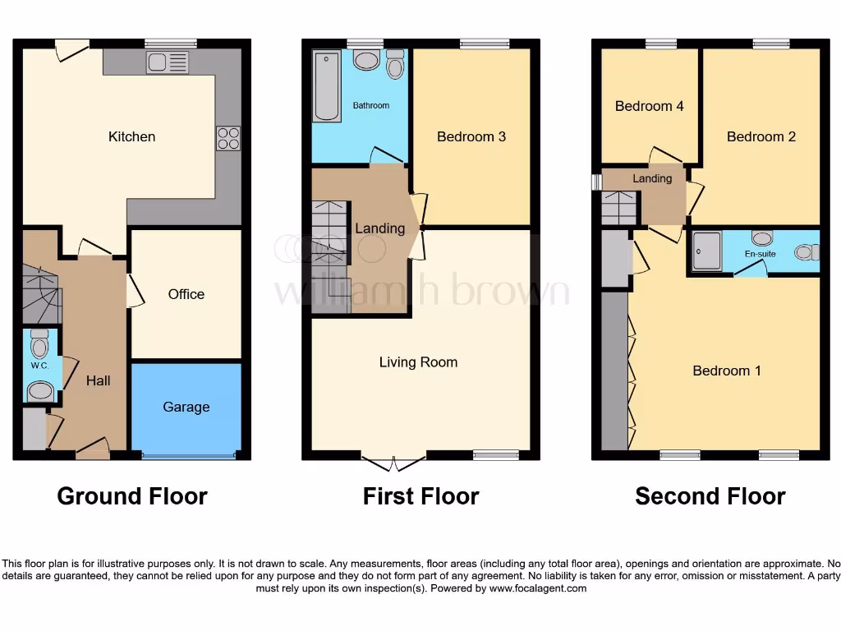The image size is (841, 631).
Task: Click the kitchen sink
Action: pos(168,62)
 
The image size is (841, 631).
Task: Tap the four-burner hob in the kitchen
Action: pos(228,138)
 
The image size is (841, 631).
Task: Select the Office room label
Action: pos(186,294)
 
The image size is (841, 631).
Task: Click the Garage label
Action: pos(186,407)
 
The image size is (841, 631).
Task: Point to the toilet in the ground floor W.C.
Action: pos(39,344)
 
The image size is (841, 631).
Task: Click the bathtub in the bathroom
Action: pos(326,85)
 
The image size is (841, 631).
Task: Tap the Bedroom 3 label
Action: pos(471,136)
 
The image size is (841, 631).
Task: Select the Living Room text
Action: pos(418,362)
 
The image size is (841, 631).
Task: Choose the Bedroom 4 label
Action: pos(650,106)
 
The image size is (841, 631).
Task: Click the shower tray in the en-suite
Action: pos(706,251)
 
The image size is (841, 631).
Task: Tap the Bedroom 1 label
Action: pos(727,371)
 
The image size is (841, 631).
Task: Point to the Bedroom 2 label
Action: pos(761,136)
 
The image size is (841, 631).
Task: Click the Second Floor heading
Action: pos(710,496)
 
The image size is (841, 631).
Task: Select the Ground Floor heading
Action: pos(132,496)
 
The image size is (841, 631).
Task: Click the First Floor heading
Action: pos(420,496)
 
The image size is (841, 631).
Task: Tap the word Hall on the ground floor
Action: pos(99,380)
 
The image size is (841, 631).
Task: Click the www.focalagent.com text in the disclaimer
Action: pos(540,588)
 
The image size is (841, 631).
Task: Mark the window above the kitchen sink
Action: pos(171,44)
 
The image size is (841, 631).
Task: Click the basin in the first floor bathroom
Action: pos(365,60)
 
